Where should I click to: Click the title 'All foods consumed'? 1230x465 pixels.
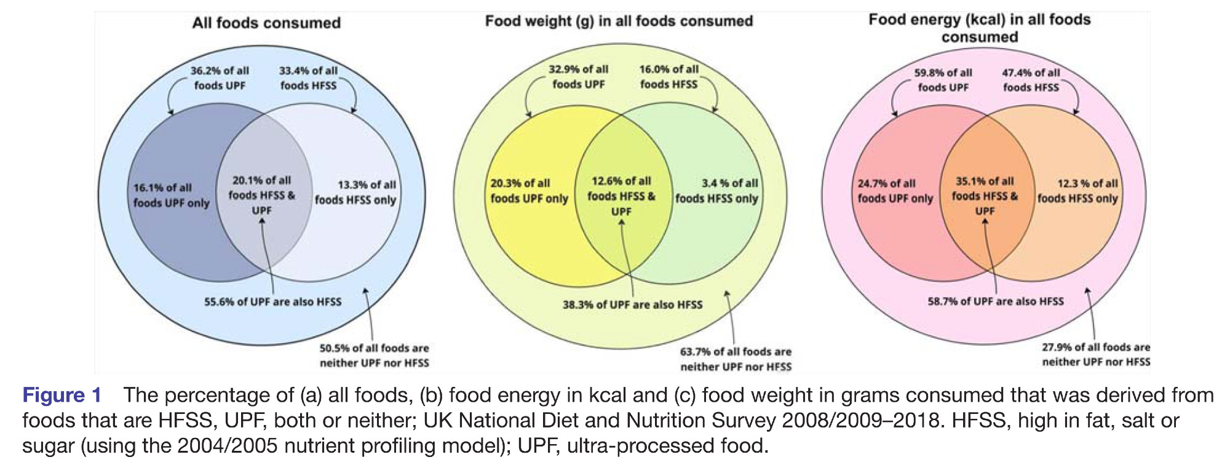tap(266, 23)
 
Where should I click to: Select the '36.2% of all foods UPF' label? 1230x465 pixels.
tap(220, 78)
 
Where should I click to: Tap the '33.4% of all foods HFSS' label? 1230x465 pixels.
tap(308, 78)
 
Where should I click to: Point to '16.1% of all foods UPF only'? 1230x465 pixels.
tap(171, 196)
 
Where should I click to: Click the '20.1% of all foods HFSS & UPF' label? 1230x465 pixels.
tap(261, 195)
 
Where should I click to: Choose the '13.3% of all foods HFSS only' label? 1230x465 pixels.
tap(356, 193)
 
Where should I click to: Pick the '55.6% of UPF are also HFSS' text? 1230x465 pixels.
tap(272, 302)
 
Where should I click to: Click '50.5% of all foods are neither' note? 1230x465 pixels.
tap(374, 356)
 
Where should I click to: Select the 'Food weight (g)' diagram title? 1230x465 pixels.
tap(619, 22)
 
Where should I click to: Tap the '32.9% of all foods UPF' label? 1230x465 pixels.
tap(578, 77)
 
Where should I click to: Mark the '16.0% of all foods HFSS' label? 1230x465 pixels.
tap(669, 77)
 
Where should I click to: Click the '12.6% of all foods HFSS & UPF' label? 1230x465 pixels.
tap(621, 196)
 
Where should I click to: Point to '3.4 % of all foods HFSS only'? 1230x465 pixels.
tap(717, 191)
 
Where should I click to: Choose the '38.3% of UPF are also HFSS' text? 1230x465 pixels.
tap(632, 305)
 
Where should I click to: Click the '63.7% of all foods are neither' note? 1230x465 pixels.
tap(736, 359)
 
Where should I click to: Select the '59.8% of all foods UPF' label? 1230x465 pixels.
tap(943, 80)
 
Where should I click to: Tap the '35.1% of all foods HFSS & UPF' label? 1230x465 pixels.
tap(985, 196)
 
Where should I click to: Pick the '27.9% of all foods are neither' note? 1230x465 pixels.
tap(1096, 355)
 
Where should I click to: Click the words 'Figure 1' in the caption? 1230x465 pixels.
tap(61, 395)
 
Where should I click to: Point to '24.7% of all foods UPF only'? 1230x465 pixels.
tap(895, 191)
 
